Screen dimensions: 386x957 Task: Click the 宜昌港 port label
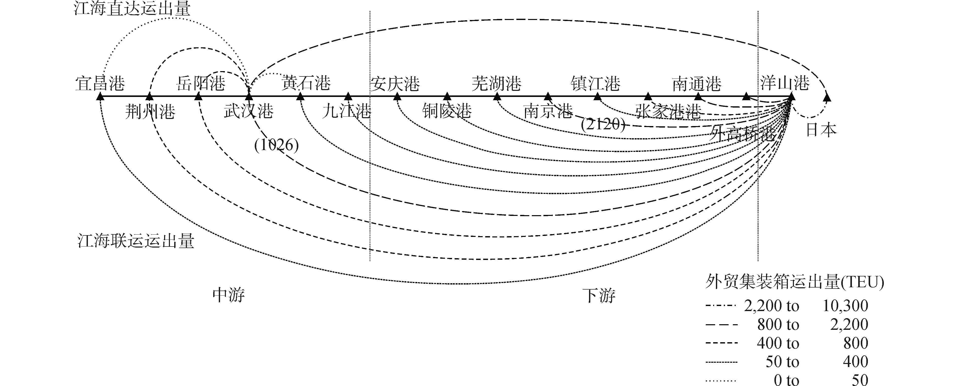click(x=100, y=84)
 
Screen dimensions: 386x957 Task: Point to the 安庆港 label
click(x=395, y=84)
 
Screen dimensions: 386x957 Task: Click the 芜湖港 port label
click(x=496, y=84)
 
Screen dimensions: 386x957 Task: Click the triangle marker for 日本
click(x=827, y=97)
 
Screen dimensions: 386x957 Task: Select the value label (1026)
click(x=276, y=145)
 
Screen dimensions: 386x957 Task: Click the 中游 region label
click(x=228, y=295)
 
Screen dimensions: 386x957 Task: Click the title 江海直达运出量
click(x=132, y=8)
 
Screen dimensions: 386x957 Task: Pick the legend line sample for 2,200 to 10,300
click(x=721, y=306)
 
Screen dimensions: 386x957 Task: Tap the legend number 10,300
click(x=845, y=306)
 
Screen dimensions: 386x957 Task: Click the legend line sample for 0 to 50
click(x=721, y=380)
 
